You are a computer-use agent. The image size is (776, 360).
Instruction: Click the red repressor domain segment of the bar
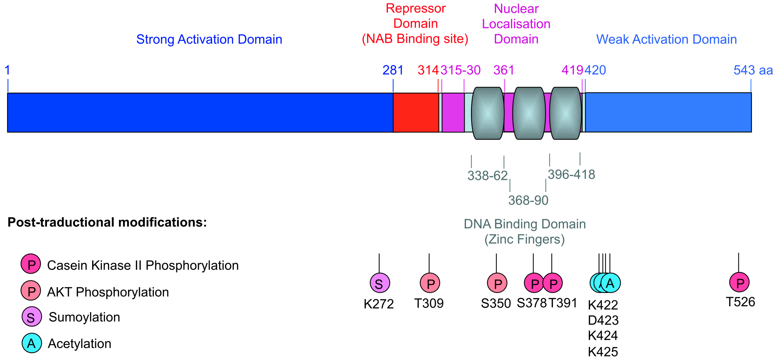click(416, 112)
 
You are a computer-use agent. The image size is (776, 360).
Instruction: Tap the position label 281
click(393, 70)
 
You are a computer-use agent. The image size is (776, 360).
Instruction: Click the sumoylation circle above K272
click(380, 283)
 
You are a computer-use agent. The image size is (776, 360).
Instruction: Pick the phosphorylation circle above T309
click(430, 283)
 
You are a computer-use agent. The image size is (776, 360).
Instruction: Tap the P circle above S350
click(497, 283)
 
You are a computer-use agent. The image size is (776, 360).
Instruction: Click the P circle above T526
click(739, 282)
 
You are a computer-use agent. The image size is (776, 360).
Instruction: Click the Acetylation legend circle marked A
click(31, 343)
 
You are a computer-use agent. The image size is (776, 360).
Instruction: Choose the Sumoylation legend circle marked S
click(31, 317)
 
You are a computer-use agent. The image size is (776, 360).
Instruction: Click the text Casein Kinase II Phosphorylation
click(143, 265)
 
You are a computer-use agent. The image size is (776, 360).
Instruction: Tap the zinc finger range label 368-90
click(528, 200)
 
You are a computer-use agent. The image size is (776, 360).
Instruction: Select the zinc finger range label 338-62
click(487, 176)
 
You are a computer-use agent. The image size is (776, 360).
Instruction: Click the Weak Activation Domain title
click(666, 39)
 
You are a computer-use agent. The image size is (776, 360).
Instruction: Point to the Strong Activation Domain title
click(209, 39)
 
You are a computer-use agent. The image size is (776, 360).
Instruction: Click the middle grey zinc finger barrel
click(529, 113)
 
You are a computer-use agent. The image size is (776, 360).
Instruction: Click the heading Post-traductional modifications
click(107, 222)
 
